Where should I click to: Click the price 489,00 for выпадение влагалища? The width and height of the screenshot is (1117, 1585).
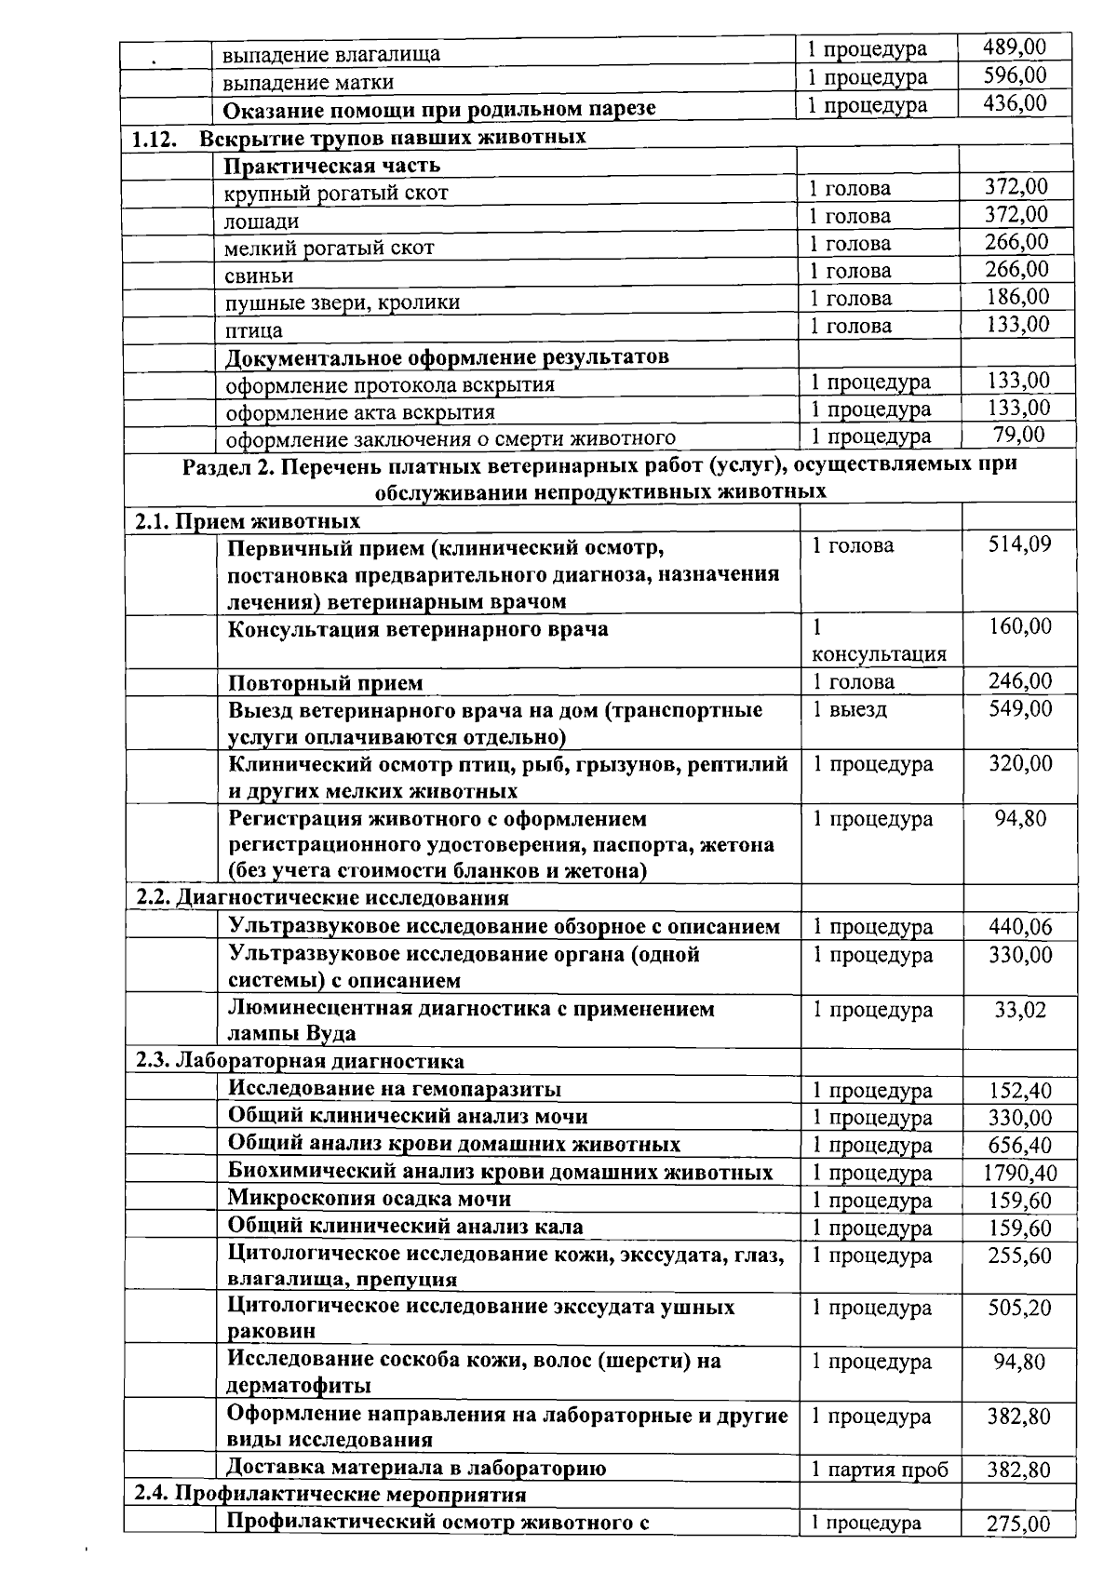coord(1015,47)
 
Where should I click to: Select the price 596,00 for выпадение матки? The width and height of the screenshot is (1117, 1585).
coord(1015,75)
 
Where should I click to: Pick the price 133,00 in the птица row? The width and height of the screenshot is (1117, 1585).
coord(1016,325)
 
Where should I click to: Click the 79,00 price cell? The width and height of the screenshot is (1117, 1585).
coord(1019,435)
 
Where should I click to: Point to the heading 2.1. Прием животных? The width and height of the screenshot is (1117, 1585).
coord(248,520)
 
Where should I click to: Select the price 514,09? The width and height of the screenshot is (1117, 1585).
coord(1019,544)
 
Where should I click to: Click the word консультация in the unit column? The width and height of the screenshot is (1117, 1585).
coord(879,654)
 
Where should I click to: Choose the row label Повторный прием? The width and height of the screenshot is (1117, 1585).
coord(326,683)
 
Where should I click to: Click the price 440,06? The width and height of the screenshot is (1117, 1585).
coord(1019,926)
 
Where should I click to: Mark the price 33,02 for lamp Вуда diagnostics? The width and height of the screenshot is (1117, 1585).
coord(1019,1010)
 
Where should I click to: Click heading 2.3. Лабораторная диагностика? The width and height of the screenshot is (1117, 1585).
coord(301,1061)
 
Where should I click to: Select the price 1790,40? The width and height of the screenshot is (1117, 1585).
coord(1019,1173)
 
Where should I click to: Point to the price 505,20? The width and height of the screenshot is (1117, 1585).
coord(1019,1309)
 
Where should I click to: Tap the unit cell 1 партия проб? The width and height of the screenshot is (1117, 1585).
coord(879,1470)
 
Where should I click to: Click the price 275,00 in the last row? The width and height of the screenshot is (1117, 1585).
coord(1018,1525)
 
